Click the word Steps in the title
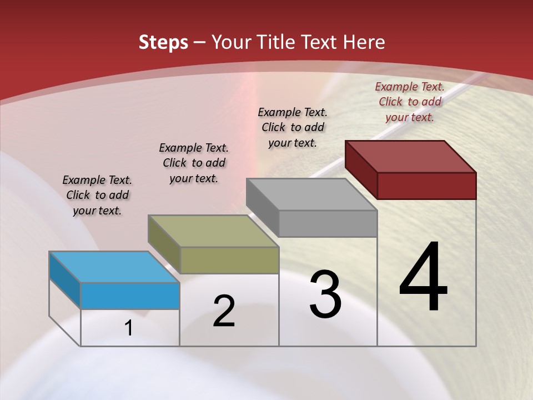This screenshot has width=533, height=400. tap(163, 43)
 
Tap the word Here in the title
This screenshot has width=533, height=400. tap(363, 43)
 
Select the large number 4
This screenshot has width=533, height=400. tap(423, 277)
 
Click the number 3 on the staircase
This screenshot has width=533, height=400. tap(325, 294)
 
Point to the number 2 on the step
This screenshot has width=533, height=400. tap(224, 311)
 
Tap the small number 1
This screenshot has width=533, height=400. tap(129, 328)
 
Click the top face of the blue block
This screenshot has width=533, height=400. tap(114, 267)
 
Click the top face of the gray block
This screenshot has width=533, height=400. tap(311, 194)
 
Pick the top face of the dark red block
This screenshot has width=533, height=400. tap(411, 156)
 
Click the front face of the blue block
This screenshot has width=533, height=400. tap(130, 296)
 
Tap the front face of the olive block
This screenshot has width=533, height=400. tap(229, 260)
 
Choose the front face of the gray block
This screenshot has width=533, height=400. tap(328, 224)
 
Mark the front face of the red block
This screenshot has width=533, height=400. tap(426, 186)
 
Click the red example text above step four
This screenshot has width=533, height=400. tap(410, 102)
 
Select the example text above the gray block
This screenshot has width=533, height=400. tap(293, 127)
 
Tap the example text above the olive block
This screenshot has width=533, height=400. tap(194, 163)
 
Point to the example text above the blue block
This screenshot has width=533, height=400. tap(97, 195)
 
